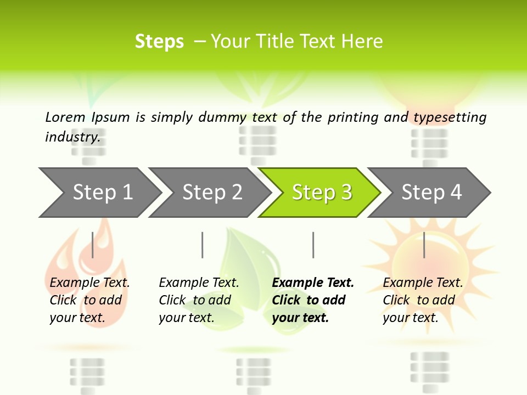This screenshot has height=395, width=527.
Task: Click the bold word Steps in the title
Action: (x=159, y=42)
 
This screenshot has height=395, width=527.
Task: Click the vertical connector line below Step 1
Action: (x=93, y=245)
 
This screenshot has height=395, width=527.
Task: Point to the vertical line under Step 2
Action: (x=203, y=245)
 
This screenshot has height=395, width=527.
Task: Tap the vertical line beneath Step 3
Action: (x=313, y=245)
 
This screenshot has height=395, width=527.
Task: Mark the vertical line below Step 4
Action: (x=424, y=245)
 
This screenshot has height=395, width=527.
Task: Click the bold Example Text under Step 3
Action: (x=313, y=283)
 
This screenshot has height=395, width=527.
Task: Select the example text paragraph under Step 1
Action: (x=89, y=300)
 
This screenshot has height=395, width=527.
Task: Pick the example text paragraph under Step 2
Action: (x=199, y=300)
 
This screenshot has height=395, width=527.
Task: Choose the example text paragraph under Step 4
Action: (x=423, y=300)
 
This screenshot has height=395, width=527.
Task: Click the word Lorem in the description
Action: (x=65, y=117)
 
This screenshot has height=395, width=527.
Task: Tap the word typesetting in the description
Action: (x=450, y=117)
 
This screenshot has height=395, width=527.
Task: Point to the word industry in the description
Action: (x=72, y=137)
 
